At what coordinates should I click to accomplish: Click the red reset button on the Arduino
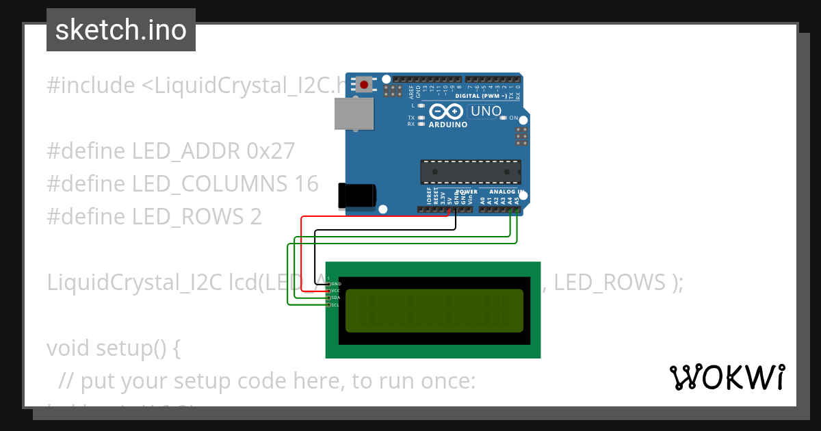[365, 85]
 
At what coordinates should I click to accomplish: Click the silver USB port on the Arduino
[354, 114]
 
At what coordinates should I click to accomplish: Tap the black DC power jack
[357, 196]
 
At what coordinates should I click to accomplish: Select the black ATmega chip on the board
[470, 172]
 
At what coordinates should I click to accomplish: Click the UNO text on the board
[486, 111]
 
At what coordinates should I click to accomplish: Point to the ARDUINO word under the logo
[448, 125]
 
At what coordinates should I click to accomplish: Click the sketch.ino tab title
[121, 30]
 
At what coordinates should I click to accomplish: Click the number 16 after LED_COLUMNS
[307, 183]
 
